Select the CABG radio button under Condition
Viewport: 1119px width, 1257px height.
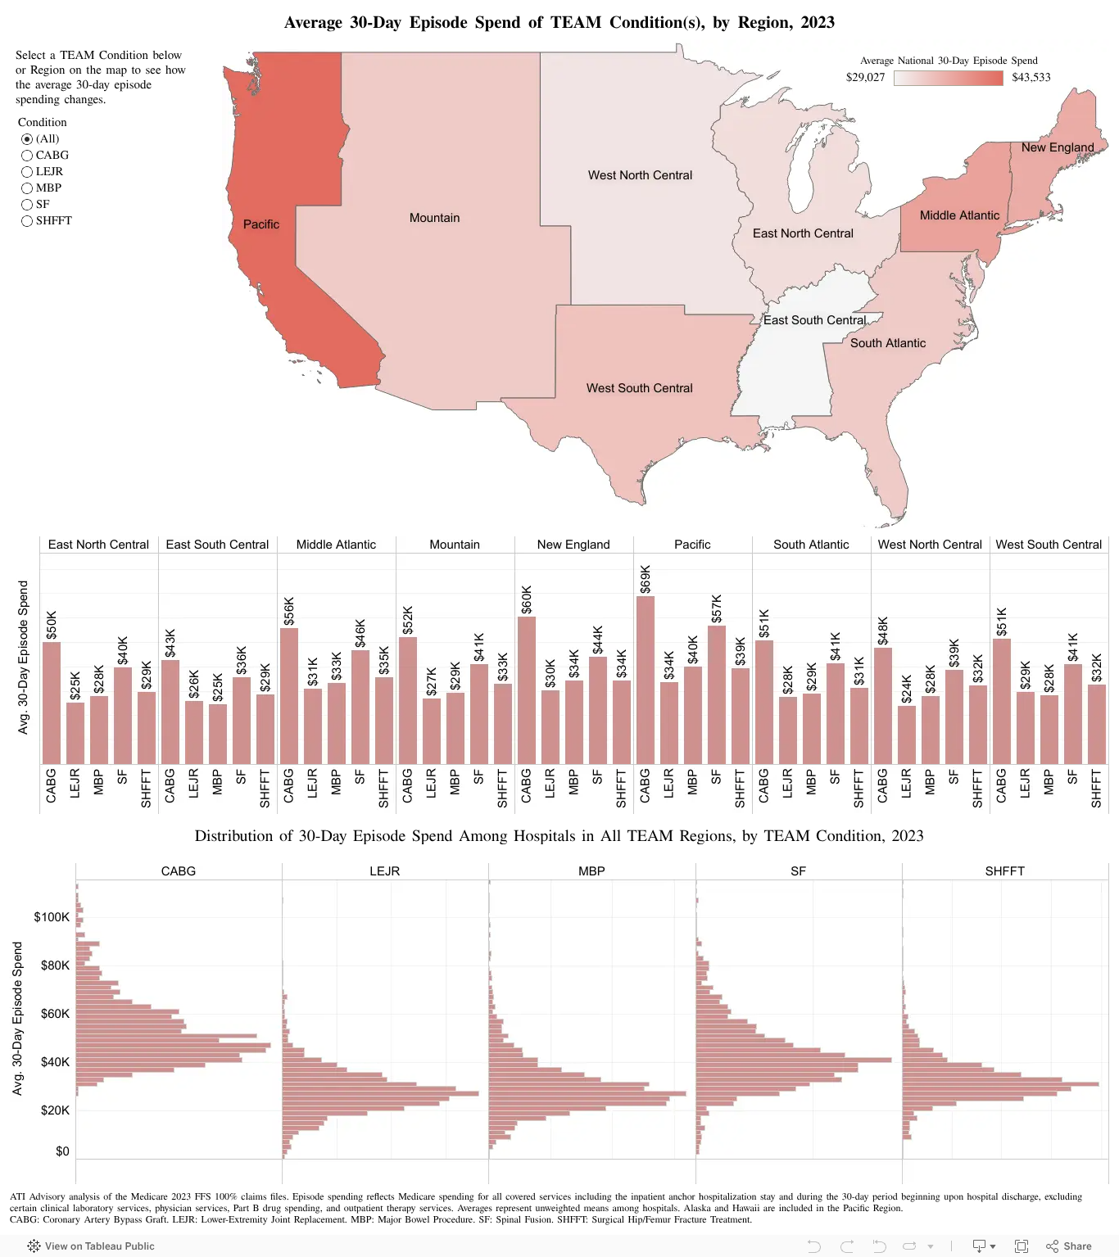[x=27, y=156]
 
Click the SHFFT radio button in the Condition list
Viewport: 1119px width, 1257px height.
[x=27, y=221]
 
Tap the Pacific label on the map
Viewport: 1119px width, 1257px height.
[x=260, y=224]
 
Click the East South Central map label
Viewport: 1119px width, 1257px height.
[x=814, y=320]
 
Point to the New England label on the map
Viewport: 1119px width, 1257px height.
[x=1058, y=147]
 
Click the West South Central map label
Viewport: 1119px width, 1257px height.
[x=639, y=388]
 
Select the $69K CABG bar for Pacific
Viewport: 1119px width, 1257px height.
[x=645, y=680]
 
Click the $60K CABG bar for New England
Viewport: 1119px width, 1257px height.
[x=526, y=690]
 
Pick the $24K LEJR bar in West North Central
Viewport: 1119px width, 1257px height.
[x=907, y=735]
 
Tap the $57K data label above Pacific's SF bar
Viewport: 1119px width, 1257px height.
[x=717, y=608]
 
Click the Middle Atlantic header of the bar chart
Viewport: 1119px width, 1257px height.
[x=336, y=545]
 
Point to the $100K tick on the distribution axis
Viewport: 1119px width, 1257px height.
[x=52, y=917]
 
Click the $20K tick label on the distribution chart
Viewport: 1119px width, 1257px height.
[x=55, y=1110]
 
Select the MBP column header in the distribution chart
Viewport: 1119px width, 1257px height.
[x=591, y=871]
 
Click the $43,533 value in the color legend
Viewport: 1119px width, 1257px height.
[x=1031, y=78]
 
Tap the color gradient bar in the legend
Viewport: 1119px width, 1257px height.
[x=949, y=78]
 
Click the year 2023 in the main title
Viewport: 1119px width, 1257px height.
[x=818, y=22]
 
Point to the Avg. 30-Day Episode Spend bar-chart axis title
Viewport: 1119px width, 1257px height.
[x=23, y=658]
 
